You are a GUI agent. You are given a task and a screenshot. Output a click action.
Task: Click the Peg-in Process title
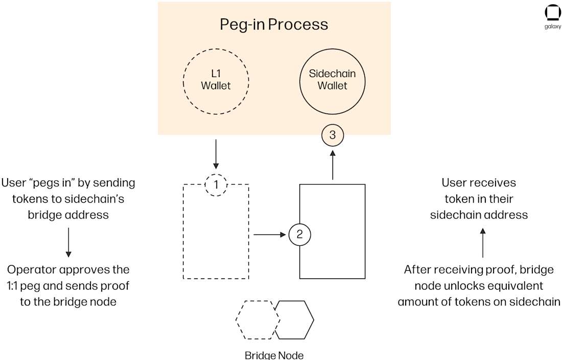(274, 24)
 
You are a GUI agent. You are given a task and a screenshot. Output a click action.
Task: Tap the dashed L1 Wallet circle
(216, 80)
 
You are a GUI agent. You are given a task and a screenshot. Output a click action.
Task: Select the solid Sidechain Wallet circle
(332, 80)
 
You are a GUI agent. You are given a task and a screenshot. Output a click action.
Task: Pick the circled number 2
(300, 235)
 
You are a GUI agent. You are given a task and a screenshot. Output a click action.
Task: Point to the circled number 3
(333, 135)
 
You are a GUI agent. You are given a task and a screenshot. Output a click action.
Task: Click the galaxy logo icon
(553, 13)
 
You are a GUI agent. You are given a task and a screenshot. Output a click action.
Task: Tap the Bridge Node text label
(274, 354)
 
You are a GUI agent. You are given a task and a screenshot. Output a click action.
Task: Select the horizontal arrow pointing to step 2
(269, 235)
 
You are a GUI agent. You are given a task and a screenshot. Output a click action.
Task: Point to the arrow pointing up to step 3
(333, 164)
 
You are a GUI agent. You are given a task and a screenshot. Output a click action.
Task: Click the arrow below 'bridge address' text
(68, 242)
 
